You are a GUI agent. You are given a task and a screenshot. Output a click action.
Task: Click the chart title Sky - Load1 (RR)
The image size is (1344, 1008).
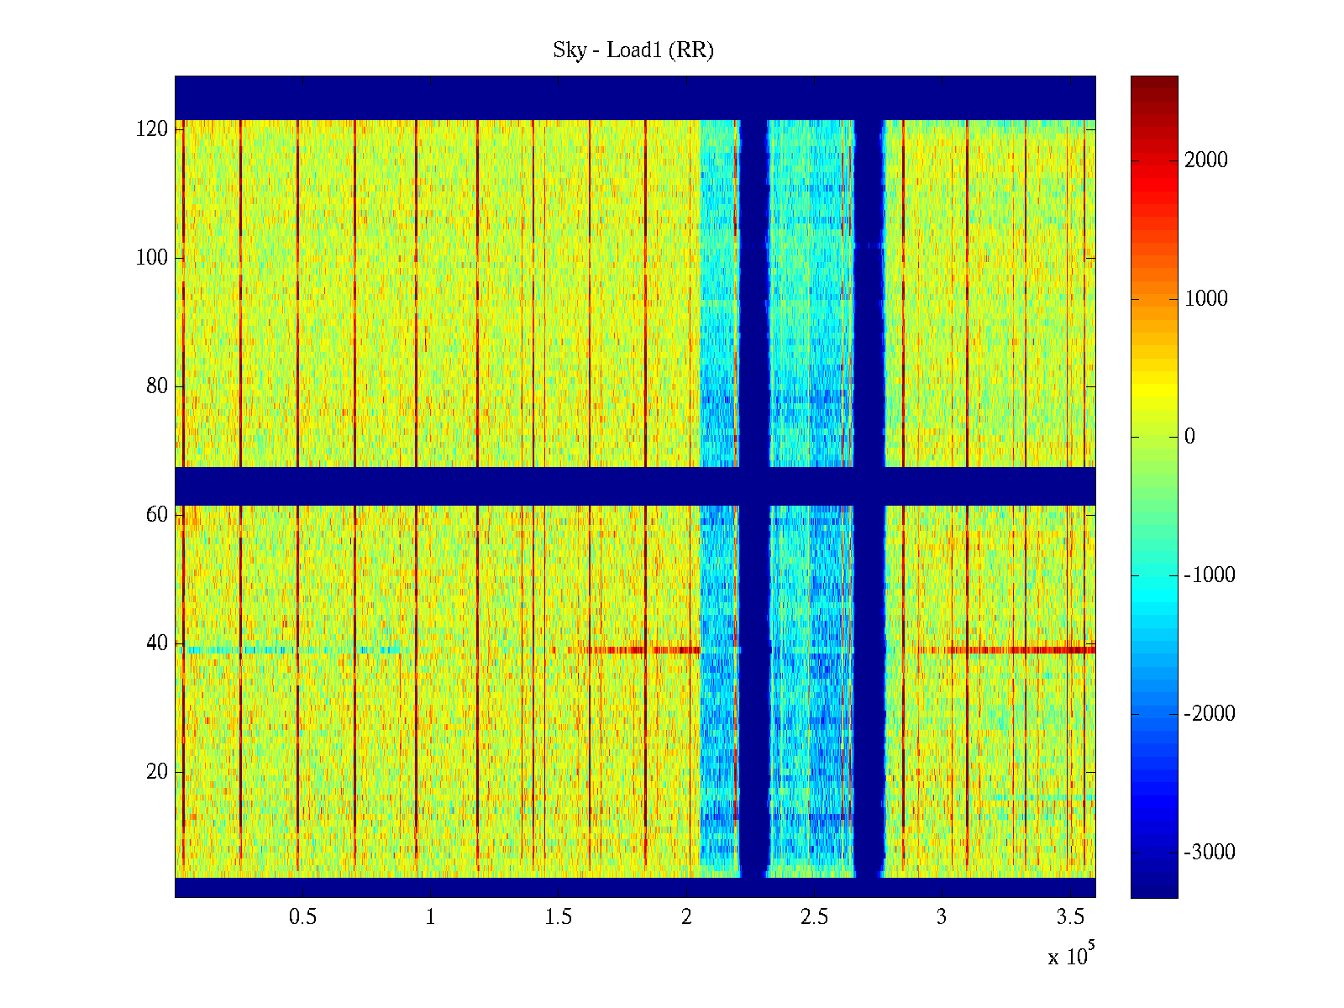point(633,50)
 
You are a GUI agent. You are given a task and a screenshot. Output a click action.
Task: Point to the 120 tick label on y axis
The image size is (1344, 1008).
point(152,129)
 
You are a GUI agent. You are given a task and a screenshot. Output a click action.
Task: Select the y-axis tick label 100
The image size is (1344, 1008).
point(152,258)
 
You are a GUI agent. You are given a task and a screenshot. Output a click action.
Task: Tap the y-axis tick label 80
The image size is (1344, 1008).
point(157,386)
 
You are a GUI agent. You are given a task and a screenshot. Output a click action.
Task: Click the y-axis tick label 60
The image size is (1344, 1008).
point(157,515)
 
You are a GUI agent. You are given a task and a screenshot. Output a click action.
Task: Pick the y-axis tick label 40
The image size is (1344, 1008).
point(157,643)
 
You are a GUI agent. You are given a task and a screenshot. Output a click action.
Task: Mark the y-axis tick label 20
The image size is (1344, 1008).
point(157,772)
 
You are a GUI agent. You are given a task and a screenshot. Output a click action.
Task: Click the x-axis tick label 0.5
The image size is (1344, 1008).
point(302,917)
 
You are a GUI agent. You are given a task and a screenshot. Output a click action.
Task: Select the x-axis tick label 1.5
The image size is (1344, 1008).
point(559,917)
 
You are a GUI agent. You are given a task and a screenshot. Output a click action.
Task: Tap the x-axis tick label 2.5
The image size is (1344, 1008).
point(814,917)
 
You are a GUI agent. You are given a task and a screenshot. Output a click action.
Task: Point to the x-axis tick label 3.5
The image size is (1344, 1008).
point(1070,917)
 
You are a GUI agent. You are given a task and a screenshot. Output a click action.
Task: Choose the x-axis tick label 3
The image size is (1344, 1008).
point(942,917)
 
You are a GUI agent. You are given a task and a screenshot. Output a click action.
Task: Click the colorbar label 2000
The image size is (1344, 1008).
point(1206,160)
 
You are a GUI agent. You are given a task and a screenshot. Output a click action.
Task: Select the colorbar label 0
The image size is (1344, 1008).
point(1189,437)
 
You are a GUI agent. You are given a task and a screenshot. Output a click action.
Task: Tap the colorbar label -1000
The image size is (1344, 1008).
point(1210,575)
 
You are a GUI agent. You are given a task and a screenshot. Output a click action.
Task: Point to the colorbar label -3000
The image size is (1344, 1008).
point(1210,853)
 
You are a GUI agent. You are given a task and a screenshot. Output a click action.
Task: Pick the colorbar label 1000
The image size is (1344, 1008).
point(1206,299)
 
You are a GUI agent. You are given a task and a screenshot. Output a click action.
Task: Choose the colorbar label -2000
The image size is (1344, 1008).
point(1210,714)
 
